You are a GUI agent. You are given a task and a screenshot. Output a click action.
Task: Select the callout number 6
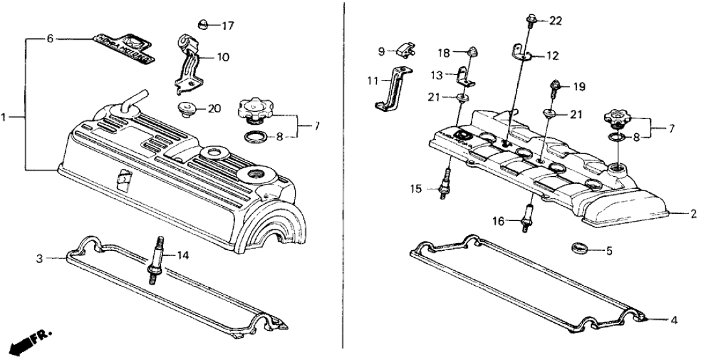click(x=49, y=39)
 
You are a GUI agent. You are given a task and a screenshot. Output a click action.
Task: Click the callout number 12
click(x=552, y=56)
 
